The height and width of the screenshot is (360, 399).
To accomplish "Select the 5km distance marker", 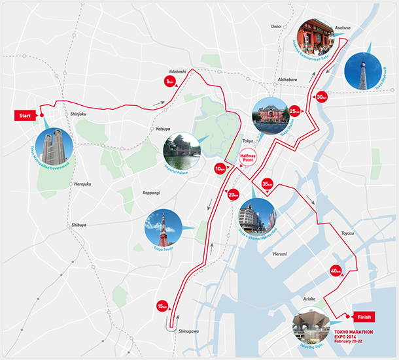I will [x=169, y=81].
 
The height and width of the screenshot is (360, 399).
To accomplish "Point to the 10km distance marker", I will [x=220, y=169].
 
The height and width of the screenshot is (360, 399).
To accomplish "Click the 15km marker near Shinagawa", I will [x=162, y=306].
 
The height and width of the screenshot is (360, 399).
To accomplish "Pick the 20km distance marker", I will [x=234, y=194].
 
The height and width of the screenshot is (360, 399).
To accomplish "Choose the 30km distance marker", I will [x=321, y=97].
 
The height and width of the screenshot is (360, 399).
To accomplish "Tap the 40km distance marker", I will [x=336, y=271].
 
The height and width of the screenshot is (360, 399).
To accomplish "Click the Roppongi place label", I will [x=152, y=193].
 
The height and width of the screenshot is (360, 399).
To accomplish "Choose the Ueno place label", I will [x=276, y=27].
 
